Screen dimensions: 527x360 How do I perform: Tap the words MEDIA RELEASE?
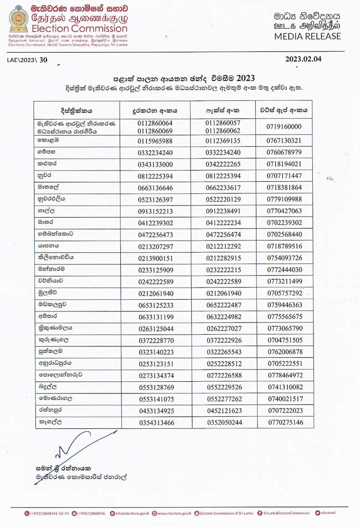pyautogui.click(x=307, y=36)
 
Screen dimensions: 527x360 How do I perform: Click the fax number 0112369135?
pyautogui.click(x=224, y=141)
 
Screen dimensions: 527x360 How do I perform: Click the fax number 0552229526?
pyautogui.click(x=224, y=387)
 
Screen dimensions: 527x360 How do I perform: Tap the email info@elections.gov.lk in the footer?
pyautogui.click(x=129, y=513)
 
